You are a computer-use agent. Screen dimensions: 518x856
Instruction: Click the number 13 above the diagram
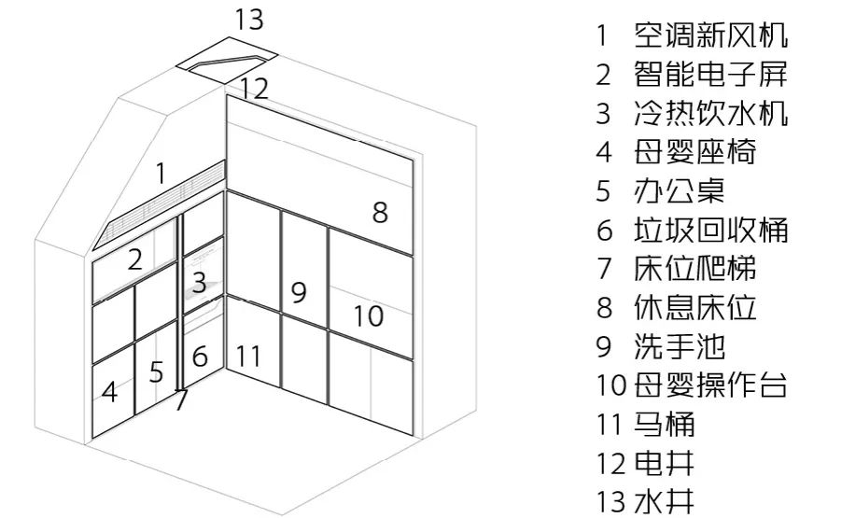pos(249,19)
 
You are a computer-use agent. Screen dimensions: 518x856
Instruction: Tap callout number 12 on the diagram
pos(253,89)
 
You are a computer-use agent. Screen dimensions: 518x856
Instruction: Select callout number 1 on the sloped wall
pos(161,173)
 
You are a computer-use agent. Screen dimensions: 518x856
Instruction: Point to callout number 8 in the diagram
pos(380,212)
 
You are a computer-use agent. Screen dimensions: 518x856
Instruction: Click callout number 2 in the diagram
pos(134,259)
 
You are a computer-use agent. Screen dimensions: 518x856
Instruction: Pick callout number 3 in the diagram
pos(199,280)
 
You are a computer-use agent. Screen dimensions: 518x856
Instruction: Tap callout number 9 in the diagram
pos(299,292)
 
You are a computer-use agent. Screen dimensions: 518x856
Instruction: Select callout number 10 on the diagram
pos(369,315)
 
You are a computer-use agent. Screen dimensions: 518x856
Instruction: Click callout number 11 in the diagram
pos(248,356)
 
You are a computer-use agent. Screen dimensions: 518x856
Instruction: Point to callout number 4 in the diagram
pos(109,392)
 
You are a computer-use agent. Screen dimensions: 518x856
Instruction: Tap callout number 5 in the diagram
pos(156,371)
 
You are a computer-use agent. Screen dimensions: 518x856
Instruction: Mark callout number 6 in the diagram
pos(201,356)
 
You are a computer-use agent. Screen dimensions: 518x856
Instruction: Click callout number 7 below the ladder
pos(181,399)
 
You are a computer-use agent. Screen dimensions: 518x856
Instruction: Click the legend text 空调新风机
pos(710,36)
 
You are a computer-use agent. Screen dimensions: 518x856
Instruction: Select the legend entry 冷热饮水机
pos(710,114)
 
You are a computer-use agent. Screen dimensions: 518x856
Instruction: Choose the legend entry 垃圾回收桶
pos(710,230)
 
